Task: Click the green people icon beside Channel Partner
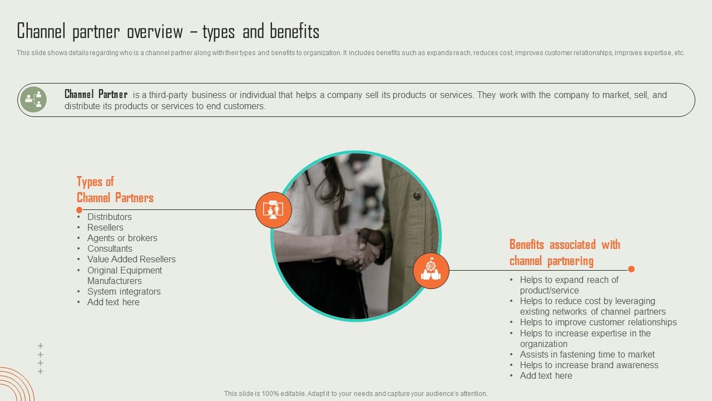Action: point(33,100)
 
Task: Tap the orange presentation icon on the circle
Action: point(273,210)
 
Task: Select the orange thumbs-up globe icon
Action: point(431,271)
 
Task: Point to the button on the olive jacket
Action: point(417,195)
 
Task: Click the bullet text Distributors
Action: point(110,217)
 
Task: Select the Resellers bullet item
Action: point(105,228)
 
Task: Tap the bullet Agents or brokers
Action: point(122,238)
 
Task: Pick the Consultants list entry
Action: point(110,248)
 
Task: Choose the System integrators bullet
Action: point(124,291)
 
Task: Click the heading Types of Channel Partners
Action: point(115,190)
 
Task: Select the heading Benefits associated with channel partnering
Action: point(565,253)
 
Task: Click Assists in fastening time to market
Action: point(587,355)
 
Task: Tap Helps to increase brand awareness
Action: point(589,365)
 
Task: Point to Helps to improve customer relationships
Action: point(598,322)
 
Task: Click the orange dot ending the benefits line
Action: point(631,269)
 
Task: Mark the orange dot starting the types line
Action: point(80,210)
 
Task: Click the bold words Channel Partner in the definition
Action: point(96,94)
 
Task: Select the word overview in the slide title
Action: point(155,32)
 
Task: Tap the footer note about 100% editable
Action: point(355,394)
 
